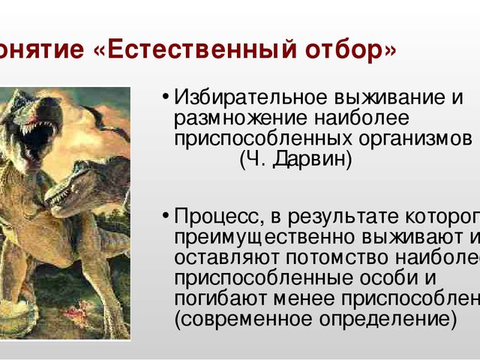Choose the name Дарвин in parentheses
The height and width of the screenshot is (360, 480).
312,160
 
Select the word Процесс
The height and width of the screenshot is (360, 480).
217,217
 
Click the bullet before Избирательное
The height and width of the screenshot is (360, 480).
163,99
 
